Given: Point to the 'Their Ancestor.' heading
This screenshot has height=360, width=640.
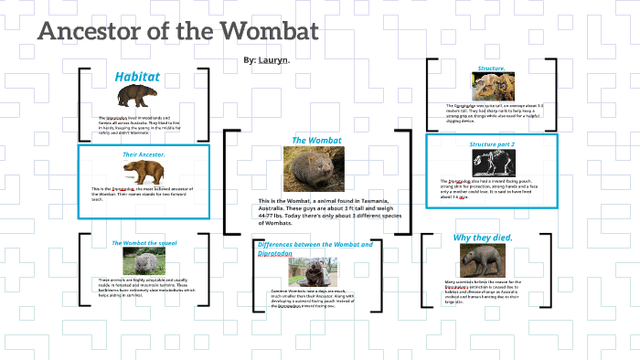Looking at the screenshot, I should [x=144, y=154].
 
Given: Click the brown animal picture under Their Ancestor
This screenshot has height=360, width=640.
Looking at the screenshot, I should [x=144, y=172].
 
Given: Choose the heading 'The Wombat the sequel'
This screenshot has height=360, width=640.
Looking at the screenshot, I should [x=143, y=242].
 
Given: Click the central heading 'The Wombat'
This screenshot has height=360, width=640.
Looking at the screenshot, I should [x=316, y=141].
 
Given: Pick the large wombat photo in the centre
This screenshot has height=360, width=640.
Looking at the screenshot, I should [x=315, y=169].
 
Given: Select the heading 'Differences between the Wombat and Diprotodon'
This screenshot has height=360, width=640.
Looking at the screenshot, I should [x=315, y=249].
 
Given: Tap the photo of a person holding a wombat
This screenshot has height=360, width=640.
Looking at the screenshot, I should [x=314, y=271].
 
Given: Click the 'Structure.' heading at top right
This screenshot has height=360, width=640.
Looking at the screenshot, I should [x=491, y=69].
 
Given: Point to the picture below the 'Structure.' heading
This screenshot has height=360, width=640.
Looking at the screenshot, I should [x=491, y=87].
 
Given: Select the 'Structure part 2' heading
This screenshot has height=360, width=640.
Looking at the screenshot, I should [x=492, y=144].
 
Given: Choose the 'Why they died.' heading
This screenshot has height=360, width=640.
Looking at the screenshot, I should [x=483, y=238].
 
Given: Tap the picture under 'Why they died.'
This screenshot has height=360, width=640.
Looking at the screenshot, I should [x=484, y=261].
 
